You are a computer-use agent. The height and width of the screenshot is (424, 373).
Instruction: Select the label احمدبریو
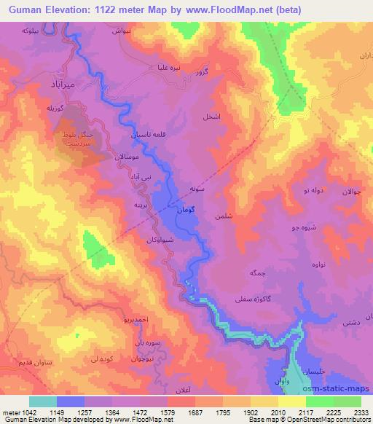(x=115, y=319)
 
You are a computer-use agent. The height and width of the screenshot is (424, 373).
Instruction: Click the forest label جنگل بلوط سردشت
(x=76, y=140)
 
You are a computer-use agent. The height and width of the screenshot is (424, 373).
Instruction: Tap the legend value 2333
(x=361, y=412)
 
